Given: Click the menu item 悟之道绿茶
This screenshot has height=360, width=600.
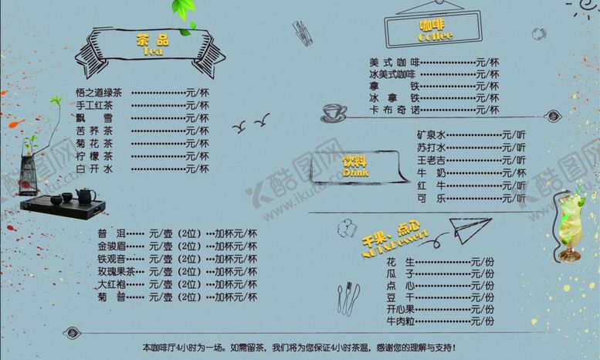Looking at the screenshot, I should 99,93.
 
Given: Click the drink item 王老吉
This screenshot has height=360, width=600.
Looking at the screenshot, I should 432,160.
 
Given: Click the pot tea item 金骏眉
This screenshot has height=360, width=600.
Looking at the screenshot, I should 111,246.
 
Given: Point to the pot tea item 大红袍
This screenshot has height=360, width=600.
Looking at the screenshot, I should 111,284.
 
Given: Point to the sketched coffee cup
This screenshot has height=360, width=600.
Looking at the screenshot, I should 334,112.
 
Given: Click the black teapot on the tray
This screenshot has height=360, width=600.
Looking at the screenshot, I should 84,196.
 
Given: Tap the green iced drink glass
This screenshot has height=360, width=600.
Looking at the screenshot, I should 569,226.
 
